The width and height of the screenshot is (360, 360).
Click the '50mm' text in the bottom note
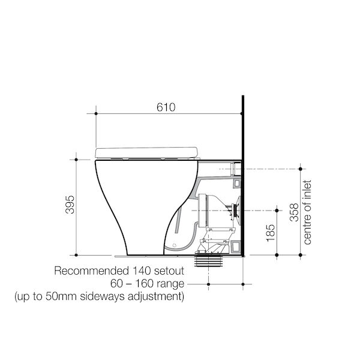pos(65,296)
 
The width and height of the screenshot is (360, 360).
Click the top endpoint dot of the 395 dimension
pos(76,160)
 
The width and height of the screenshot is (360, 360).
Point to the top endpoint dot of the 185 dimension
pos(277,210)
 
